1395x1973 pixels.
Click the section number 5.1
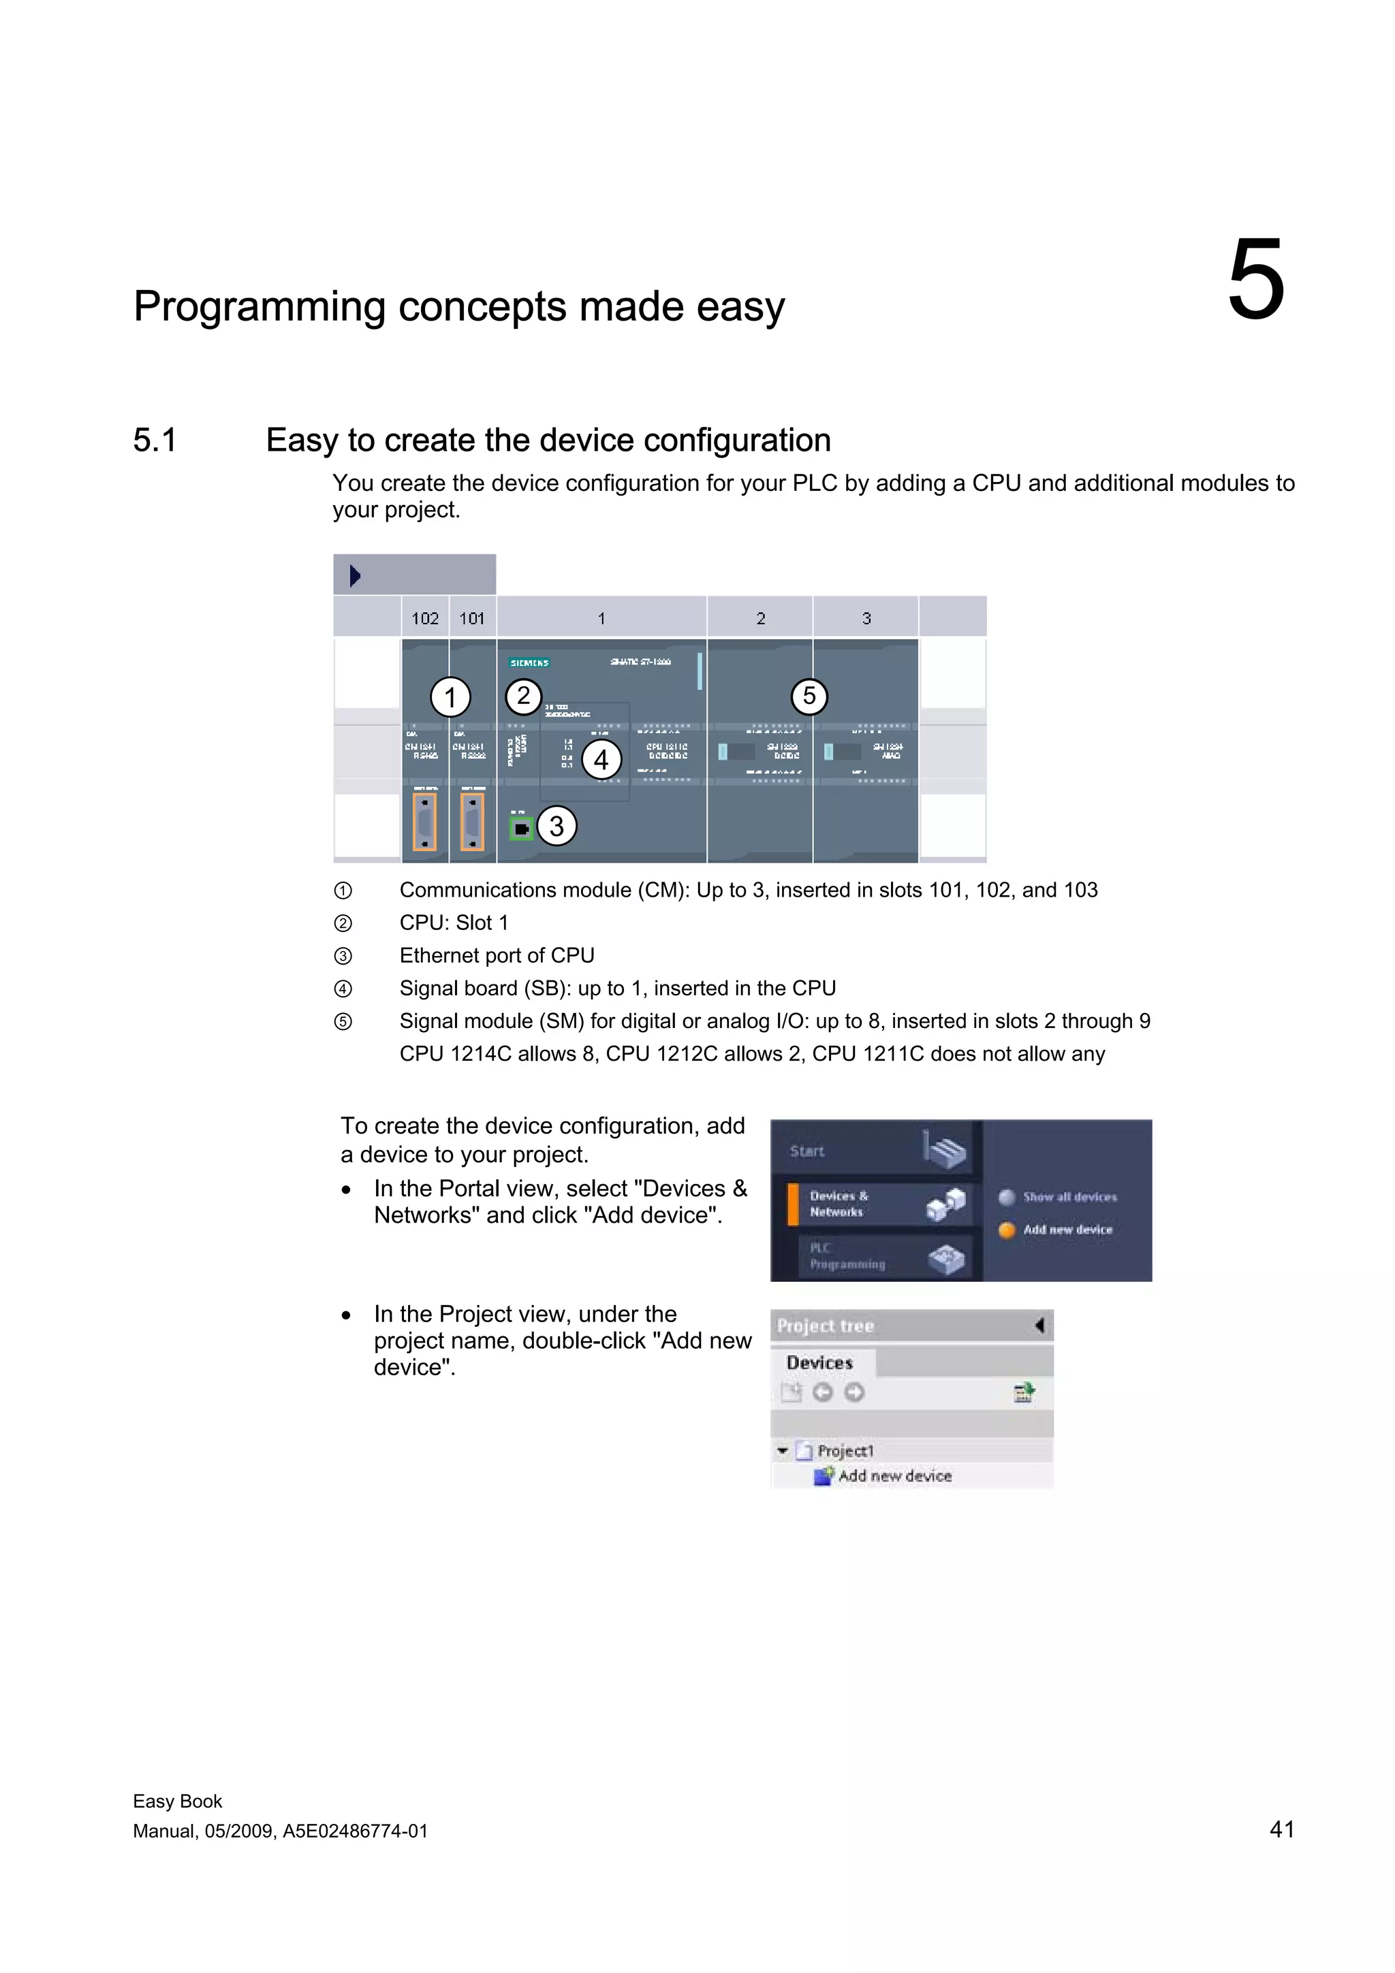click(155, 440)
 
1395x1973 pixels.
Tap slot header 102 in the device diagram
click(424, 618)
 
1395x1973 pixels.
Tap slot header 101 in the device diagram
click(472, 618)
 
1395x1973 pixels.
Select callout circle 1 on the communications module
click(450, 697)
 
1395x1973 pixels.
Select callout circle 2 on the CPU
click(522, 696)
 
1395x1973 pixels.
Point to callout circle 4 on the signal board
click(601, 759)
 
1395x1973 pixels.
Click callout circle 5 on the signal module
click(809, 696)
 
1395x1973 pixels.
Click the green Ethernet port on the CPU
click(521, 829)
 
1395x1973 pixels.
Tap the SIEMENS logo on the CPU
click(529, 662)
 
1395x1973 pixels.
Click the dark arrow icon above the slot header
click(355, 575)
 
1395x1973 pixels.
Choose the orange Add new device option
click(1067, 1230)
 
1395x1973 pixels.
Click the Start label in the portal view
click(806, 1151)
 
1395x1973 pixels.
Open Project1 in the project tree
click(845, 1451)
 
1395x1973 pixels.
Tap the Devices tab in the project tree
click(819, 1363)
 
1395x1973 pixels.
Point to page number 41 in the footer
click(1281, 1829)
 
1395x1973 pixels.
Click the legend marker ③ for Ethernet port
click(343, 956)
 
